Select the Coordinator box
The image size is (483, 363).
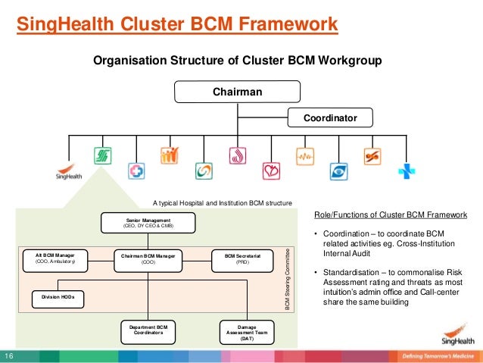pyautogui.click(x=330, y=118)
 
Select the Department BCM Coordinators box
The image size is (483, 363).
pyautogui.click(x=148, y=331)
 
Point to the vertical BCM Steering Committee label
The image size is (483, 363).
pyautogui.click(x=288, y=277)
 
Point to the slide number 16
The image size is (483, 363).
pyautogui.click(x=11, y=356)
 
